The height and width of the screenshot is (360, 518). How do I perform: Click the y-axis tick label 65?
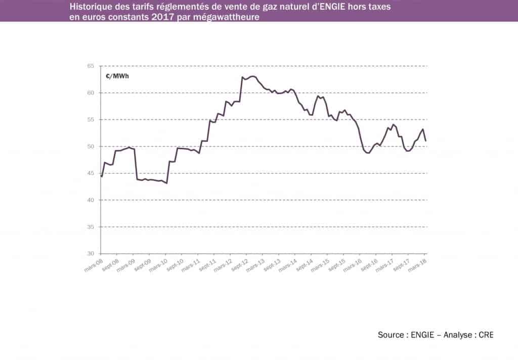(x=91, y=66)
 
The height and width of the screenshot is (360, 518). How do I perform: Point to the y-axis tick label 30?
(x=91, y=254)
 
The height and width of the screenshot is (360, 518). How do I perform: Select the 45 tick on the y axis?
(x=91, y=174)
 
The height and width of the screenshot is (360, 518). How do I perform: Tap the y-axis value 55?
(x=91, y=120)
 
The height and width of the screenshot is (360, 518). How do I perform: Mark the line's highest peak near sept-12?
(x=252, y=76)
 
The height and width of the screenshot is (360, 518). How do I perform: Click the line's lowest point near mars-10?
(x=166, y=183)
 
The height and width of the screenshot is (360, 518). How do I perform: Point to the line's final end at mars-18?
(x=426, y=141)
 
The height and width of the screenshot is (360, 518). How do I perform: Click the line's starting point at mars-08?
(x=102, y=177)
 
